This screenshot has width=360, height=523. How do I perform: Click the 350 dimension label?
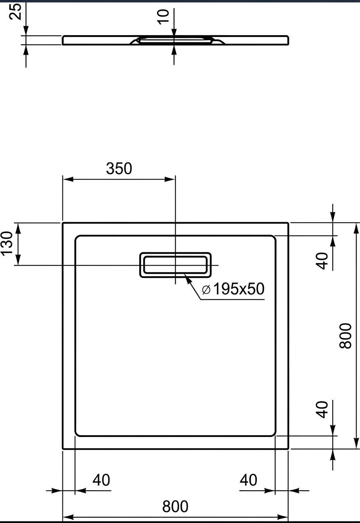[119, 168]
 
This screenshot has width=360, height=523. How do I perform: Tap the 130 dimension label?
[6, 243]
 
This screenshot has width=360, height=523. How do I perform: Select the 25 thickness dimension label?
[15, 11]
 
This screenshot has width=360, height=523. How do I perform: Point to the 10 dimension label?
[163, 17]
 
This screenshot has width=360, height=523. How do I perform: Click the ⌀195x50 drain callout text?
[233, 288]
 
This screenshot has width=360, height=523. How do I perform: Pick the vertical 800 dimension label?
[345, 336]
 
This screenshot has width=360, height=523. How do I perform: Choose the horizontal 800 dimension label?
[175, 506]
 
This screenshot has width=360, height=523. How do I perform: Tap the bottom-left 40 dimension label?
[101, 480]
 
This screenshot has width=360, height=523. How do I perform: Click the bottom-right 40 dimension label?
[248, 480]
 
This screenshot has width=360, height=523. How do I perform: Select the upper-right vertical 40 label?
[322, 261]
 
